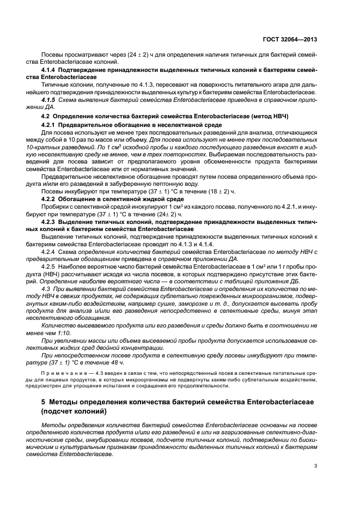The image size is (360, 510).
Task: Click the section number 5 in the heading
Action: point(44,402)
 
